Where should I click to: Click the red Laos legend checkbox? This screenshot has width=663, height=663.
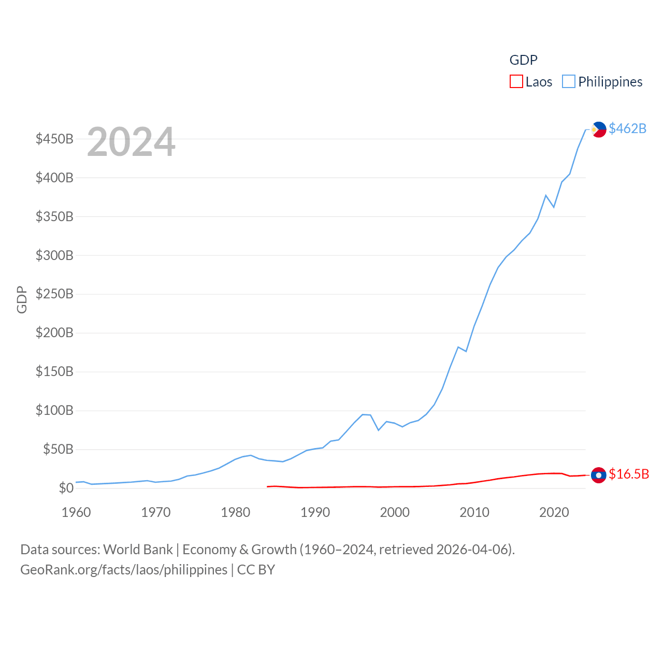click(516, 82)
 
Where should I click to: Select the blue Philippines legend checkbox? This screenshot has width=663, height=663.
click(569, 82)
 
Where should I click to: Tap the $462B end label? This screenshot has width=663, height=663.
click(627, 128)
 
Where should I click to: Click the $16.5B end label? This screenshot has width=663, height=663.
click(629, 474)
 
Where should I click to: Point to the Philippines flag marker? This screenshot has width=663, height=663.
click(599, 129)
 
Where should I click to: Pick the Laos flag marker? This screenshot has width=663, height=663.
click(599, 475)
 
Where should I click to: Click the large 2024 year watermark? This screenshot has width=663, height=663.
click(131, 142)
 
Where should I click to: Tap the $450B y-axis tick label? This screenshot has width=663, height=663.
click(54, 139)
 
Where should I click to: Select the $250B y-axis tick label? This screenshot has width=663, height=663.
click(54, 294)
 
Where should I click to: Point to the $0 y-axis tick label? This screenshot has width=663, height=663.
click(66, 488)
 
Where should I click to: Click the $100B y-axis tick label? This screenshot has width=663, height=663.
click(54, 411)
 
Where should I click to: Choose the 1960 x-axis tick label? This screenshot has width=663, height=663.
click(76, 512)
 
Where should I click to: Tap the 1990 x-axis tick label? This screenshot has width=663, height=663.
click(315, 512)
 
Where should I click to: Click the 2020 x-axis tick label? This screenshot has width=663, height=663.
click(554, 512)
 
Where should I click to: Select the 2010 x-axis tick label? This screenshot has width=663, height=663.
click(474, 512)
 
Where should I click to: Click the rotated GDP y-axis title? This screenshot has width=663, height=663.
click(22, 299)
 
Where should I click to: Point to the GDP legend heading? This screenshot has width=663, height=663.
click(523, 60)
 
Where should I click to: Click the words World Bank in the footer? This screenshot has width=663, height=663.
click(138, 549)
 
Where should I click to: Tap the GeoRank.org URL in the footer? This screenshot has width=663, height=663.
click(124, 570)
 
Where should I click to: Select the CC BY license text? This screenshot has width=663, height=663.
click(256, 570)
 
